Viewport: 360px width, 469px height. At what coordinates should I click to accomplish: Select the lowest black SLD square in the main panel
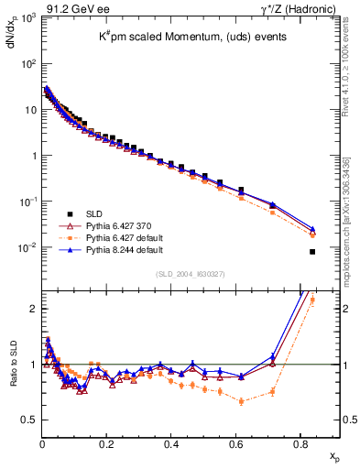tap(312, 252)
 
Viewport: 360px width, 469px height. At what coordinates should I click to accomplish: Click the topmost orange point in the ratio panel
tap(312, 300)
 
